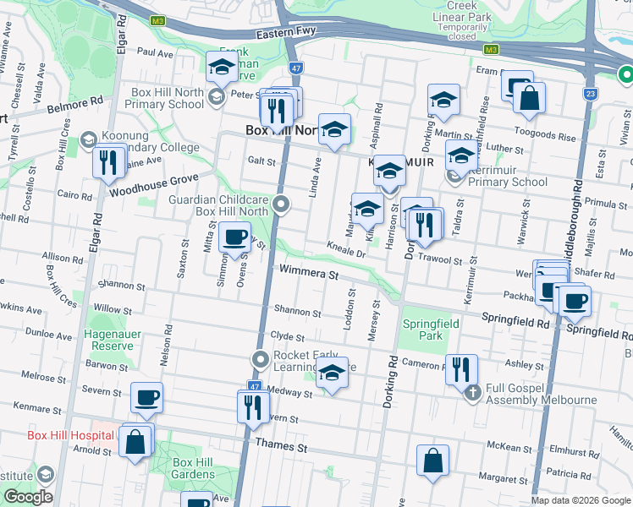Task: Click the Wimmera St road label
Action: click(x=309, y=275)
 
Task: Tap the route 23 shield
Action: click(x=589, y=94)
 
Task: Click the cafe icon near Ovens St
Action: click(x=234, y=237)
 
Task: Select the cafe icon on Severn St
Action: click(x=146, y=397)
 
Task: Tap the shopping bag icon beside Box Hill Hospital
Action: click(x=135, y=441)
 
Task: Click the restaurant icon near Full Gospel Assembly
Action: click(x=461, y=368)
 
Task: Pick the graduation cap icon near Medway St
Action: click(x=332, y=373)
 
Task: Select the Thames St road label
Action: click(x=276, y=445)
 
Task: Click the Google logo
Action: click(x=27, y=496)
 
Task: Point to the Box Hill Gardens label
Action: click(x=193, y=468)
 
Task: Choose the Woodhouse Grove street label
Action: click(x=153, y=180)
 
